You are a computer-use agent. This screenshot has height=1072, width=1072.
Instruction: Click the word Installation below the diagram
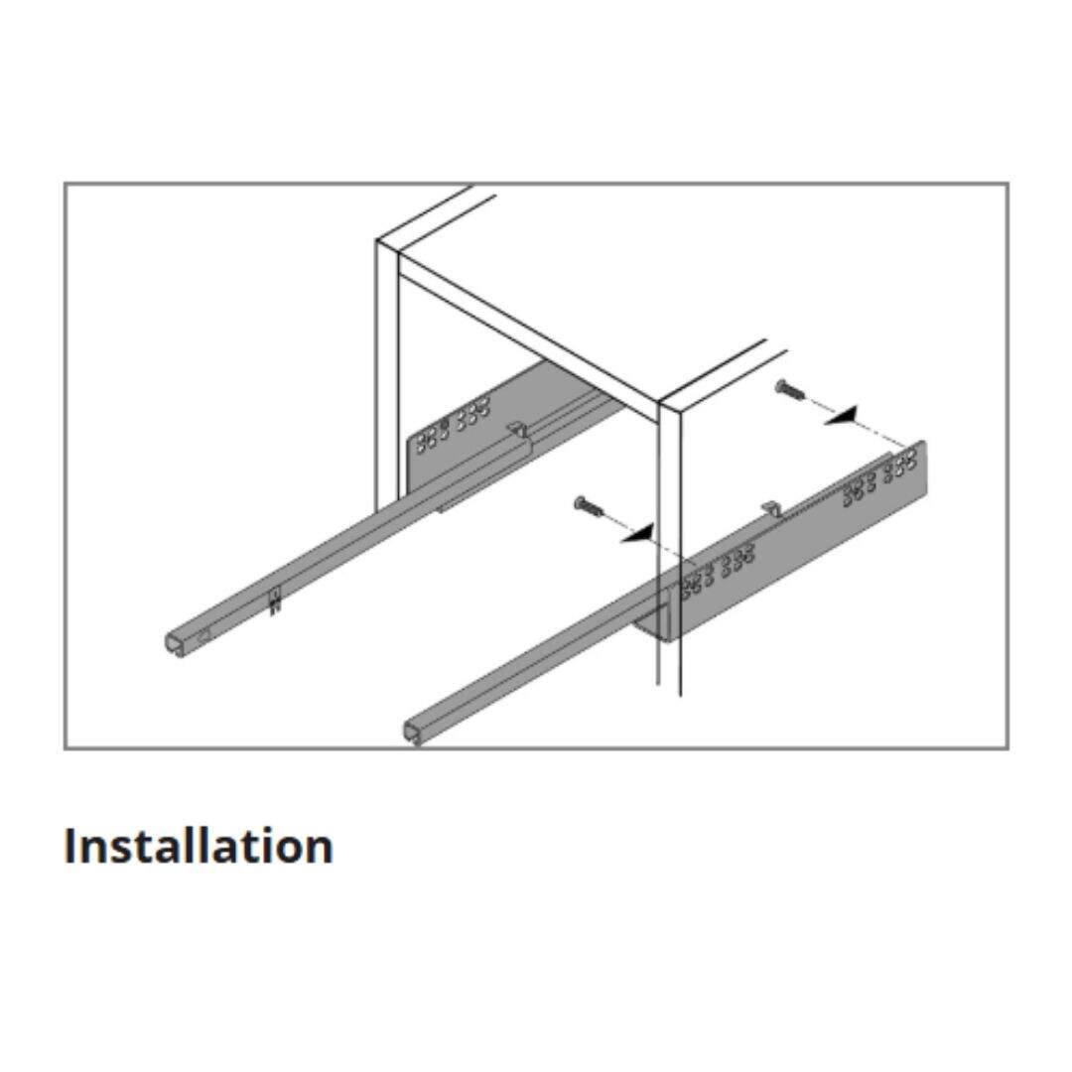click(x=199, y=846)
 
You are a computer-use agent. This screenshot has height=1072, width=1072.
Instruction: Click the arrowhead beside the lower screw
click(x=638, y=532)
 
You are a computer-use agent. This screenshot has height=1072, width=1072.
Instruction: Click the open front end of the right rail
click(x=414, y=732)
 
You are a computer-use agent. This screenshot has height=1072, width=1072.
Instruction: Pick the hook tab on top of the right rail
click(x=771, y=507)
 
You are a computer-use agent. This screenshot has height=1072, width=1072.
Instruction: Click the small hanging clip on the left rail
click(x=275, y=602)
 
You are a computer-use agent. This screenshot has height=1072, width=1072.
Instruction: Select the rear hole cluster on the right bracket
click(x=879, y=479)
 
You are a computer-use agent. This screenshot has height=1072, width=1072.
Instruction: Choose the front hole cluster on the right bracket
click(x=719, y=567)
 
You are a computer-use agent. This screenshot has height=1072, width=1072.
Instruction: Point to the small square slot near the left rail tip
click(x=202, y=633)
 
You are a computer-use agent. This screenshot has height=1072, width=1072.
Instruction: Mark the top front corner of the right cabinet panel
click(x=659, y=405)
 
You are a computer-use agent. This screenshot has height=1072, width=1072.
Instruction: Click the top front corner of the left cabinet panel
click(x=377, y=240)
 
